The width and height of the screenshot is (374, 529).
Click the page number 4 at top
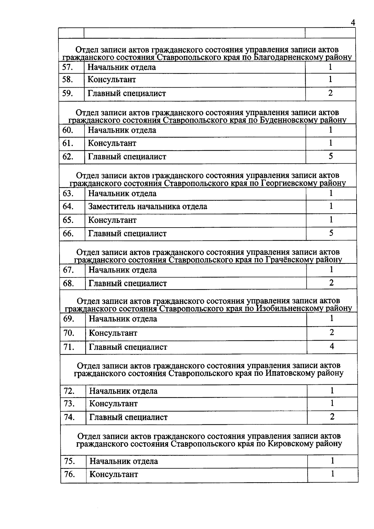353,23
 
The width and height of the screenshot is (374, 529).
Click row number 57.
68,67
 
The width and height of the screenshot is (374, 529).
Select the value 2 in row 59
330,93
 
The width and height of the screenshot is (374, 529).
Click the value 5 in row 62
331,156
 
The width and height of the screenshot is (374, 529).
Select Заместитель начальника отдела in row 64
148,207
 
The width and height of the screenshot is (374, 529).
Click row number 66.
68,233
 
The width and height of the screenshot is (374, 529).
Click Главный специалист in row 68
128,283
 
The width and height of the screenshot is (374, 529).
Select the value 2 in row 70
332,333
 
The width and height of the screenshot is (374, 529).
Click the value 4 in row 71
332,346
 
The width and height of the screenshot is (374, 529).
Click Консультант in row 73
113,404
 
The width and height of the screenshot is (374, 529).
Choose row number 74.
69,417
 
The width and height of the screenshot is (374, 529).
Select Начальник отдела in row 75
124,461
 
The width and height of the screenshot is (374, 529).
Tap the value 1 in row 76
333,474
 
